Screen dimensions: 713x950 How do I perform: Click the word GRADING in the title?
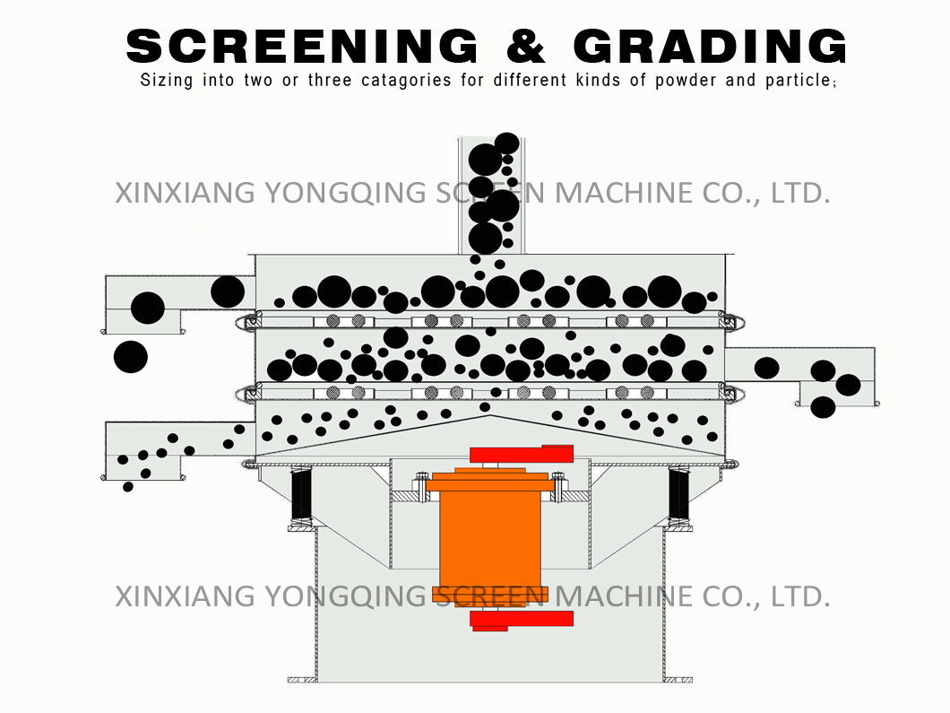pyautogui.click(x=710, y=46)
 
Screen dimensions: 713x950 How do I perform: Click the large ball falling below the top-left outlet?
pyautogui.click(x=131, y=357)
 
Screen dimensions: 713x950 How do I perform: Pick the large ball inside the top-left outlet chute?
pyautogui.click(x=148, y=308)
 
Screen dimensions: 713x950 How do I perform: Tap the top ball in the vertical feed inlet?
pyautogui.click(x=507, y=143)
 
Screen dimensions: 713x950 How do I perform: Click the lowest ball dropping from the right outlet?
pyautogui.click(x=823, y=407)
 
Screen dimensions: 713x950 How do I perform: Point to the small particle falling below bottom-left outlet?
pyautogui.click(x=128, y=487)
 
